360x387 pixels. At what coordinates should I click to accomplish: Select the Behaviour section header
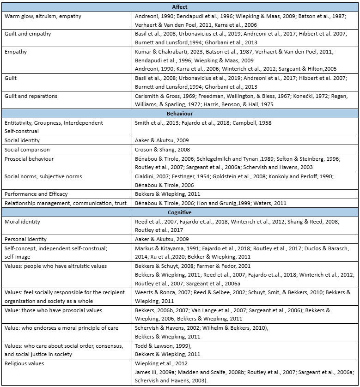coord(180,113)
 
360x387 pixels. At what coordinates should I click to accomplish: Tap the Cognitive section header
coord(180,212)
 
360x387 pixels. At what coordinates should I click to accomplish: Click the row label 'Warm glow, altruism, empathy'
coord(43,16)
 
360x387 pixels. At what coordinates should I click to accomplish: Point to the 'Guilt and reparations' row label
coord(31,96)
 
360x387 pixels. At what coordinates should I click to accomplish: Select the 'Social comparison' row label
coord(27,150)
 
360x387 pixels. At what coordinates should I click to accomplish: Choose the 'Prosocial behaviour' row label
coord(29,159)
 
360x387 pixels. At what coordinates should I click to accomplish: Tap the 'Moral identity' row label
coord(22,222)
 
